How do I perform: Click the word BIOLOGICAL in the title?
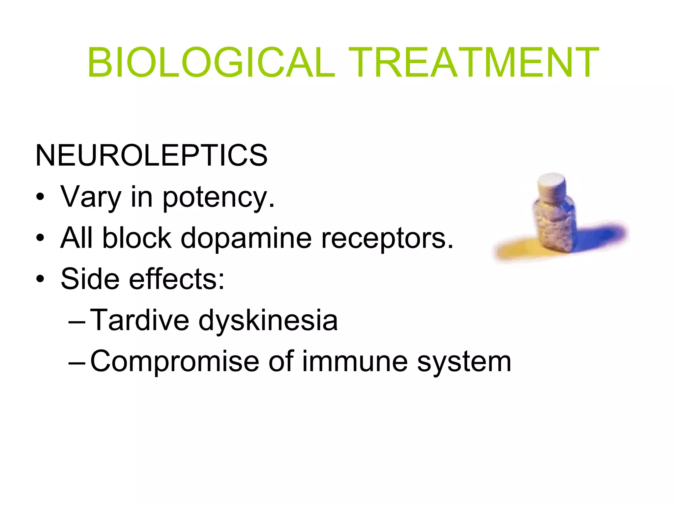point(211,63)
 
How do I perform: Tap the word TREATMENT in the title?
point(473,63)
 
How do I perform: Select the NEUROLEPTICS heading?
point(151,155)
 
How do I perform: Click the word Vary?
point(91,197)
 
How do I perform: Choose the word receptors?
point(387,239)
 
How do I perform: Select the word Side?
point(90,279)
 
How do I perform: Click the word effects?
point(176,279)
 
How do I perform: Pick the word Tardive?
point(139,320)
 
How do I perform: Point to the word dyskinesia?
point(268,321)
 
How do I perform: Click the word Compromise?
point(175,362)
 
